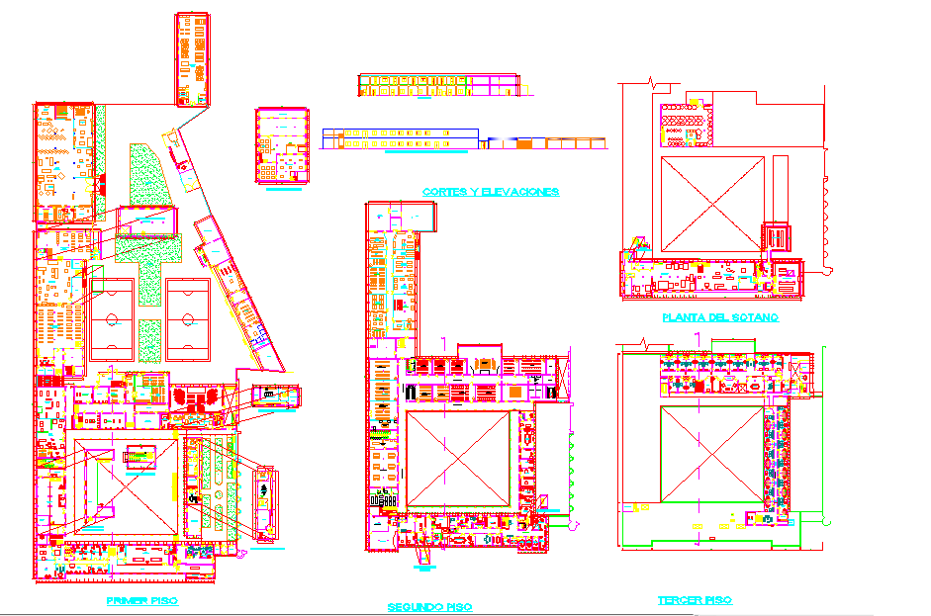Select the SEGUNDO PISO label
tap(429, 606)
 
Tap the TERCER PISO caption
tap(695, 600)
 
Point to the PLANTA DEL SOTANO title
tap(719, 317)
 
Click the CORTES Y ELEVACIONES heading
tap(490, 191)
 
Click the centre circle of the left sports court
tap(112, 319)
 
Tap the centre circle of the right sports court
tap(187, 319)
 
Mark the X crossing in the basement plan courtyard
tap(711, 205)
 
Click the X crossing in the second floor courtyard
tap(458, 461)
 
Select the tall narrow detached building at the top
tap(192, 59)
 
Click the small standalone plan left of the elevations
tap(283, 145)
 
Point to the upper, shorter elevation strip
tap(436, 85)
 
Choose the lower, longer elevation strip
tap(465, 139)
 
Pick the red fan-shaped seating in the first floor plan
tap(196, 399)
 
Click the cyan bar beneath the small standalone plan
tap(284, 190)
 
